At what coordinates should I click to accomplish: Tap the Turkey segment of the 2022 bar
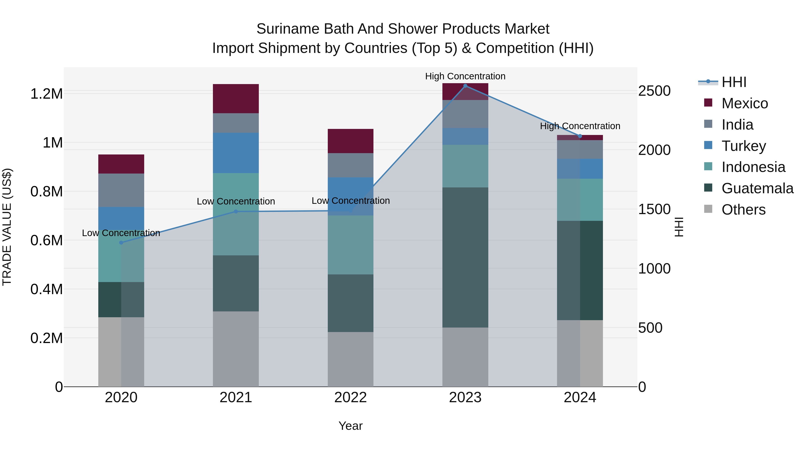point(350,196)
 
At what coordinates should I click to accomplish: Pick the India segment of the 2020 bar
point(121,190)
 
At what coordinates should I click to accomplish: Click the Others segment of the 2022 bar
point(350,359)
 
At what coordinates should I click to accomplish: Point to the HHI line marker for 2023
point(465,86)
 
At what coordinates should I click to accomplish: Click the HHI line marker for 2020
point(121,243)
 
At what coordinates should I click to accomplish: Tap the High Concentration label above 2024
point(580,126)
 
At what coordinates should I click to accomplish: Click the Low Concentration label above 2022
point(350,200)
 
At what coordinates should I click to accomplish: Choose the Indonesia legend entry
point(753,167)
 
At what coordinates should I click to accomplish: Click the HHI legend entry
point(734,82)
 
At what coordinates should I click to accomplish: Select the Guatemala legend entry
point(757,188)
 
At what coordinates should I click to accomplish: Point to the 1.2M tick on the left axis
point(46,94)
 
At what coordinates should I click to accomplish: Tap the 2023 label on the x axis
point(465,397)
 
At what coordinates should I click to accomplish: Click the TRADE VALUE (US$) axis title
point(7,227)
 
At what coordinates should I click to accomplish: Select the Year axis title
point(350,426)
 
